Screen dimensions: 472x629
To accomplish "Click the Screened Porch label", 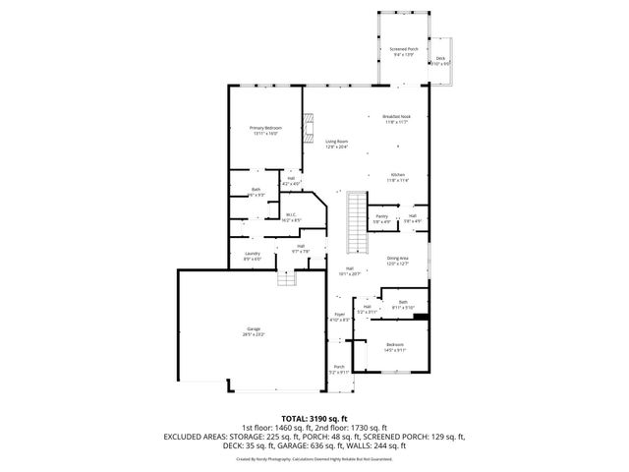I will click(404, 51).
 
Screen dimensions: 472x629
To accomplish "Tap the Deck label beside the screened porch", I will click(441, 61).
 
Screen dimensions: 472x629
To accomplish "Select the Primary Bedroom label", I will click(264, 130).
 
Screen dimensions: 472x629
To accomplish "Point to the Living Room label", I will click(337, 144).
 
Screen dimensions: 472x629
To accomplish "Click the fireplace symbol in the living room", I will click(310, 127).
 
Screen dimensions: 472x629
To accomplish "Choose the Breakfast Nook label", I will click(395, 119).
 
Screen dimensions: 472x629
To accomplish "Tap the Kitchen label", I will click(397, 177).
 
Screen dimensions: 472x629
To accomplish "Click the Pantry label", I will click(381, 218).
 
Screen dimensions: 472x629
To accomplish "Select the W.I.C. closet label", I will click(291, 217).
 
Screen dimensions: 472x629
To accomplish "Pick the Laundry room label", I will click(252, 256).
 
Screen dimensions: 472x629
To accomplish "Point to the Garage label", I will click(254, 331).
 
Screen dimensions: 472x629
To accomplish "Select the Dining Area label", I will click(397, 261).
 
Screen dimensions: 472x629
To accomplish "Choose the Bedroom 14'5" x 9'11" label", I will click(395, 346).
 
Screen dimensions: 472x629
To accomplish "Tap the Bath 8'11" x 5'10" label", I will click(403, 305).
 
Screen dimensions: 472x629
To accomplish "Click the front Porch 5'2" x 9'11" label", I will click(338, 370).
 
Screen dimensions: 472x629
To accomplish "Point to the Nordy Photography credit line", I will click(314, 457).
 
